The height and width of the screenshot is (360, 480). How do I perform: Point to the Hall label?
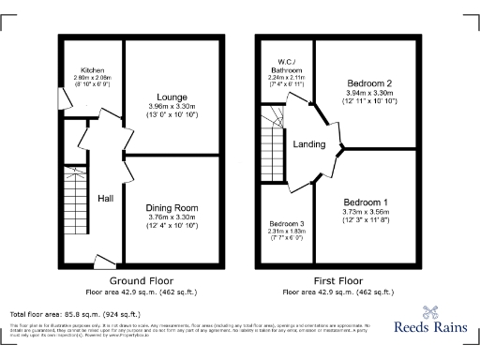point(106,198)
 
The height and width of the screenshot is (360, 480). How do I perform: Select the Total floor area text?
point(75,314)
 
